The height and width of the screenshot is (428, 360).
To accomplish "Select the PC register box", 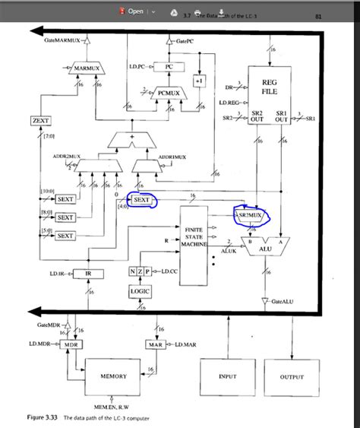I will coord(169,67).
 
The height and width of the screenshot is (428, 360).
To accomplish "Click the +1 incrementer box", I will coord(199,81).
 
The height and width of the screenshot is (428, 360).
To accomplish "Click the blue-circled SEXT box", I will coord(142,200).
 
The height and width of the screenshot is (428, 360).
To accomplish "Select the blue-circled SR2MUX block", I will coord(251,215).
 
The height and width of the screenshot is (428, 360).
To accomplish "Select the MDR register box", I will coord(71,344).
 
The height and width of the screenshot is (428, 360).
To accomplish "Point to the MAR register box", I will coord(155,344).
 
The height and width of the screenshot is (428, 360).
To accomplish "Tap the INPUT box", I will coord(227,376).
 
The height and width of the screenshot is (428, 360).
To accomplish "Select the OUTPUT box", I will coord(291,376).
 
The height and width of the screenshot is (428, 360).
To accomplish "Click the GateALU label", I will coord(283,301).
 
